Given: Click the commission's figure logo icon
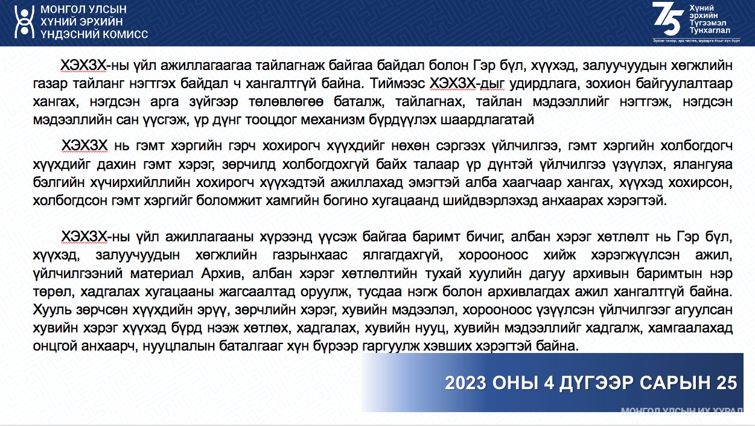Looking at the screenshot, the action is point(24,22).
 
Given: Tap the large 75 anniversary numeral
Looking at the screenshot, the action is point(668,19).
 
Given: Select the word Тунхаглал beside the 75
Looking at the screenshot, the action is point(710,30).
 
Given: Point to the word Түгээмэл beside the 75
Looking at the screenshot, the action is point(707,23).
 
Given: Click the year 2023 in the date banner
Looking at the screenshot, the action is point(465,383).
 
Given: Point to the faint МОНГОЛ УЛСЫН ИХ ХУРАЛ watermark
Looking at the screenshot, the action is point(682,410).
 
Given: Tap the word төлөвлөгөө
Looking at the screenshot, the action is point(286,101).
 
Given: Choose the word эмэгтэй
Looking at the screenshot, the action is point(433,183).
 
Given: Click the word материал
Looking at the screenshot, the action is point(162,273).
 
